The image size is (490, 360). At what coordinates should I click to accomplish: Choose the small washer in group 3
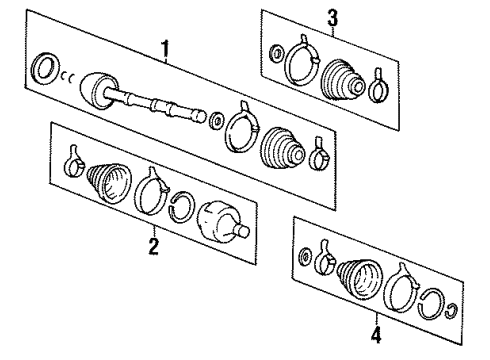pyautogui.click(x=275, y=45)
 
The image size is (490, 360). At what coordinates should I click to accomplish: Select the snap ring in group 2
pyautogui.click(x=183, y=207)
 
